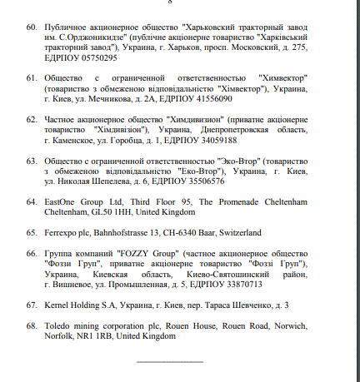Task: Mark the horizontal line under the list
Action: (x=169, y=362)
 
